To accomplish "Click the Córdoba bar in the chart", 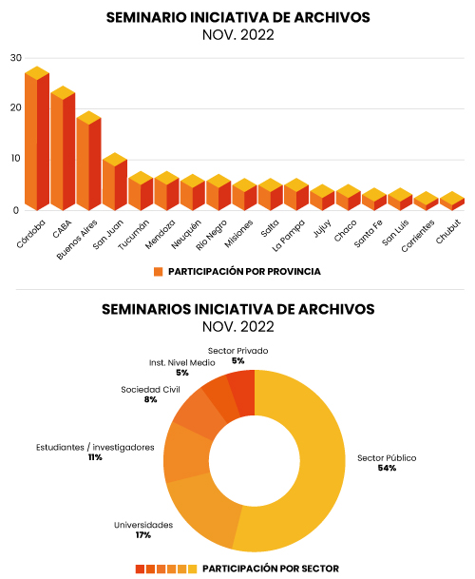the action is tap(37, 139).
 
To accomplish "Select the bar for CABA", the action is tap(63, 148).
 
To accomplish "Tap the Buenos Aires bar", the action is tap(89, 161).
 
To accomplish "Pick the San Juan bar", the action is tap(115, 182).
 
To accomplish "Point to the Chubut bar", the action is tap(452, 201).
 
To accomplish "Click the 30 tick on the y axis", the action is tap(16, 58).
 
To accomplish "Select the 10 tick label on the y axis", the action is tap(16, 159).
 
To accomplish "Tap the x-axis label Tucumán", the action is tap(134, 234).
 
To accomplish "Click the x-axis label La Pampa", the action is tap(289, 235).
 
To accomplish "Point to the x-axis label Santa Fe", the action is tap(369, 233).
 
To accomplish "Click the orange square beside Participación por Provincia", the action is tap(158, 272).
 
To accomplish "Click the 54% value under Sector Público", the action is tap(387, 468).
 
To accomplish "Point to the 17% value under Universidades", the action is tap(143, 535).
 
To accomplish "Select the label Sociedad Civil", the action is tap(151, 390).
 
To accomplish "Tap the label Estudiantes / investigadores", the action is tap(95, 448).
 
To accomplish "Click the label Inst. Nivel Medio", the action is tap(182, 362).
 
